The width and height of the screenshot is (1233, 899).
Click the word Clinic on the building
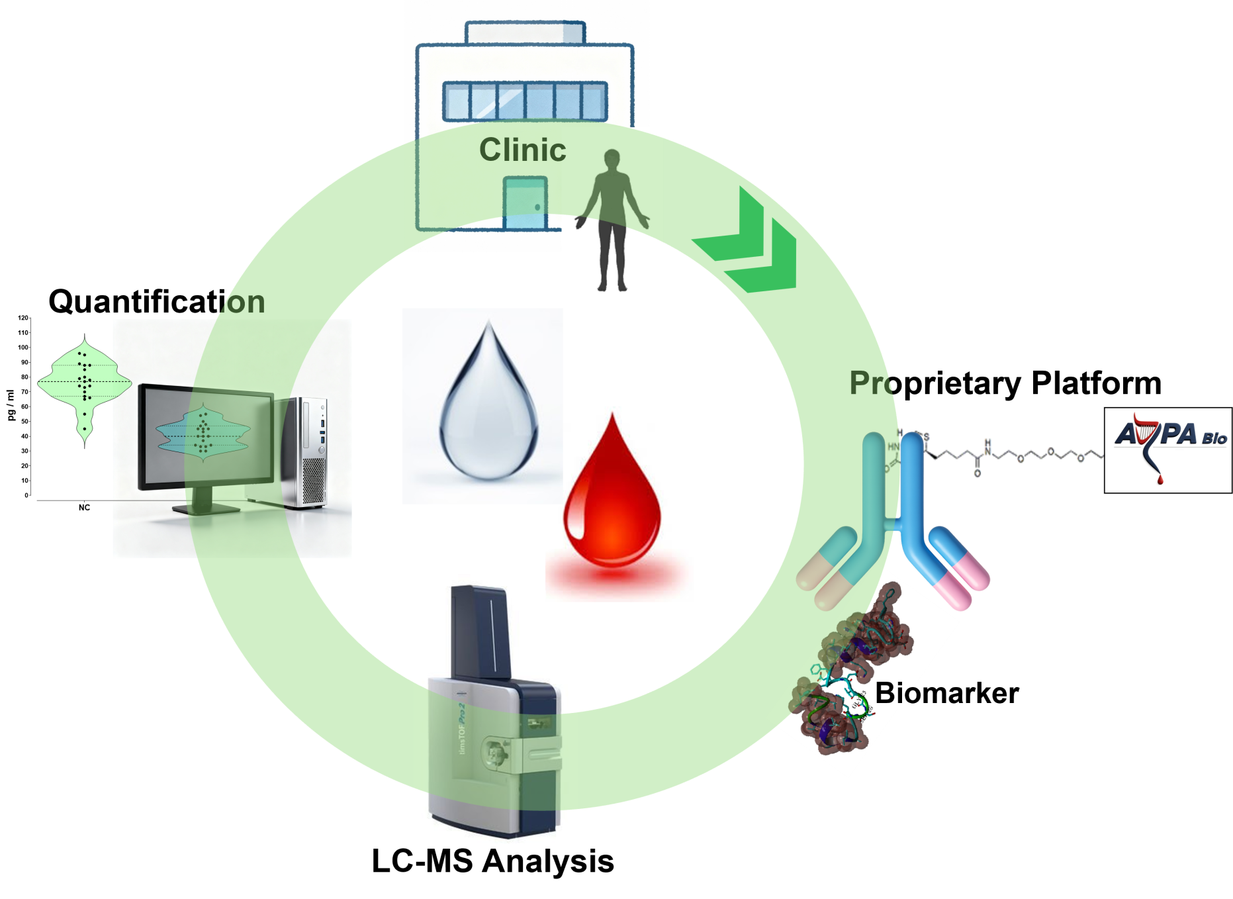522,150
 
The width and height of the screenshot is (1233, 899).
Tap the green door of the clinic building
525,203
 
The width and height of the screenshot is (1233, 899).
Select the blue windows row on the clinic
524,101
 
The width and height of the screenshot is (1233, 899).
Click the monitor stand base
205,508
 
